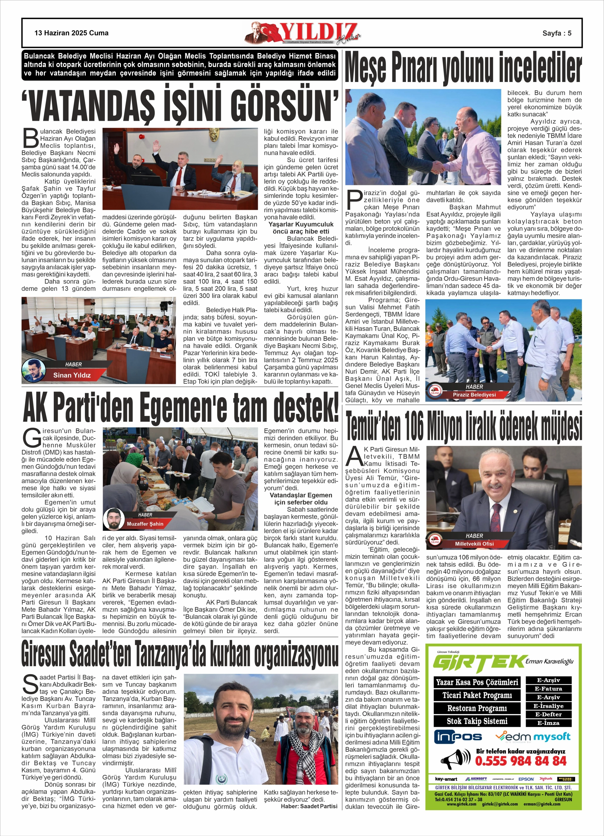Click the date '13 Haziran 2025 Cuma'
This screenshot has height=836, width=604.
[x=72, y=33]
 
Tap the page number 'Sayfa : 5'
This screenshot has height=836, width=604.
[x=556, y=33]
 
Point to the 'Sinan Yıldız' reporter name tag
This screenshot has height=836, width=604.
[x=72, y=375]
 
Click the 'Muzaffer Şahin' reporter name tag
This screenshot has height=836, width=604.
[x=145, y=524]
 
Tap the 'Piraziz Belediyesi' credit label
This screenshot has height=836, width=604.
[x=474, y=394]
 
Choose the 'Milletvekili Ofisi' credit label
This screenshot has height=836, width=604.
[x=474, y=544]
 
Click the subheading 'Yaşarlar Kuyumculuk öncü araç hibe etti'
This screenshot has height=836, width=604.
[x=301, y=228]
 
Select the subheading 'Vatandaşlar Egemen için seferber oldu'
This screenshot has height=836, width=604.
[x=301, y=498]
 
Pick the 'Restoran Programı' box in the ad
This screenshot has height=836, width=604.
[x=477, y=708]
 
